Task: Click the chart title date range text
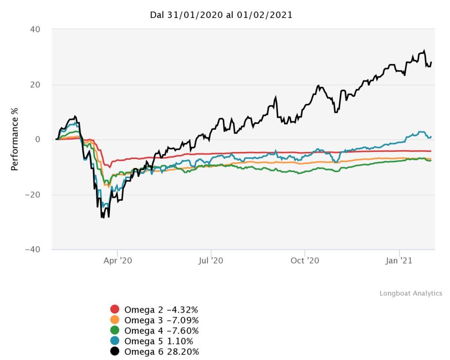pyautogui.click(x=221, y=15)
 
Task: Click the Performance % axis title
pyautogui.click(x=15, y=140)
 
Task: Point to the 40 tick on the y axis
pyautogui.click(x=35, y=29)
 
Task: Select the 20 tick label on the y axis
pyautogui.click(x=35, y=85)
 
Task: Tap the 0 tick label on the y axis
pyautogui.click(x=38, y=140)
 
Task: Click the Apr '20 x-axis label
pyautogui.click(x=117, y=260)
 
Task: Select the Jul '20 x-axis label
pyautogui.click(x=211, y=260)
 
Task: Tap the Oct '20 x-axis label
pyautogui.click(x=305, y=260)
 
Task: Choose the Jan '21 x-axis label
pyautogui.click(x=399, y=260)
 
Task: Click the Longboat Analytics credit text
pyautogui.click(x=411, y=293)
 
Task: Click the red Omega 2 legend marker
pyautogui.click(x=115, y=309)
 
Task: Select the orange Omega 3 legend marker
pyautogui.click(x=115, y=320)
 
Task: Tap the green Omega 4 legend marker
pyautogui.click(x=115, y=330)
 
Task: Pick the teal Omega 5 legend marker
pyautogui.click(x=115, y=341)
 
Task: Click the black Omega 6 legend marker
pyautogui.click(x=115, y=351)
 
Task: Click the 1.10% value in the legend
pyautogui.click(x=179, y=341)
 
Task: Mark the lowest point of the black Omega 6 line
pyautogui.click(x=102, y=218)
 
